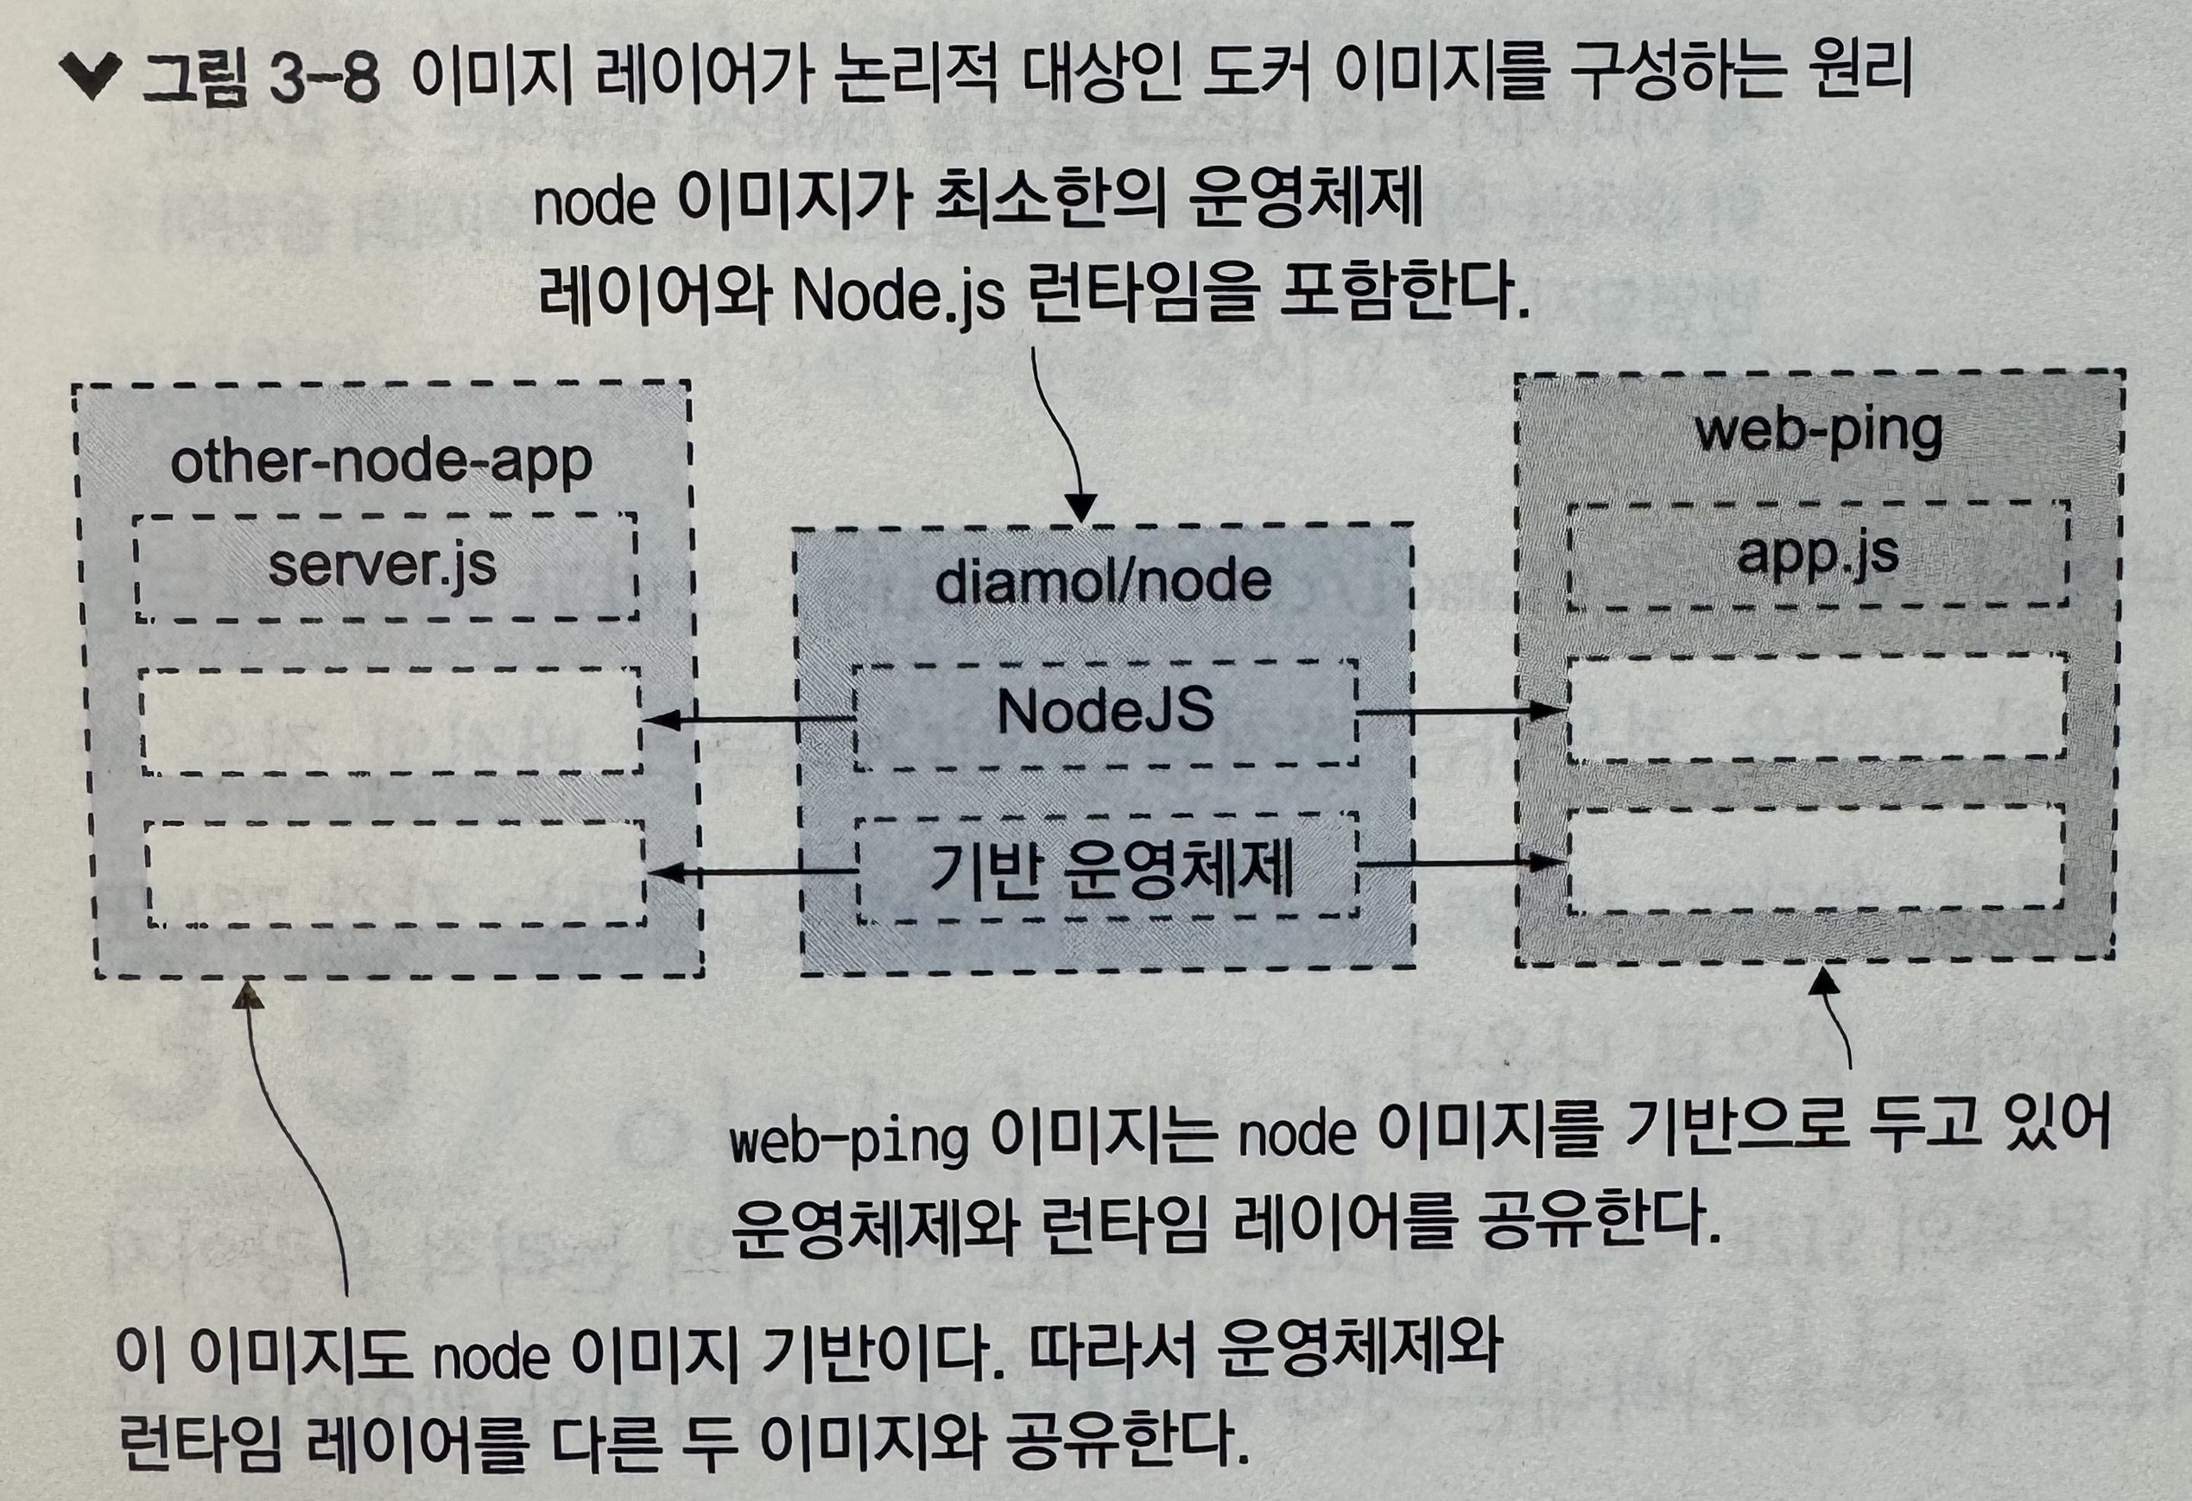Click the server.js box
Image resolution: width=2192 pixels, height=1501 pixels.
click(x=385, y=567)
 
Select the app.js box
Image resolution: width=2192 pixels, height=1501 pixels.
click(x=1816, y=554)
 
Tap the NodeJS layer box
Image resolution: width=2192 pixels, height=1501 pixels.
click(x=1105, y=713)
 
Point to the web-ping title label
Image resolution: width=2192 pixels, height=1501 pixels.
click(x=1819, y=432)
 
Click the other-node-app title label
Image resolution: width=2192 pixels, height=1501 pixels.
click(x=381, y=462)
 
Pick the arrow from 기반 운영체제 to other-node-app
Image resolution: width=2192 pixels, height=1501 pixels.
click(x=752, y=872)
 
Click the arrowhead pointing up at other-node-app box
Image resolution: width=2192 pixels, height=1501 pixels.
click(x=249, y=994)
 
